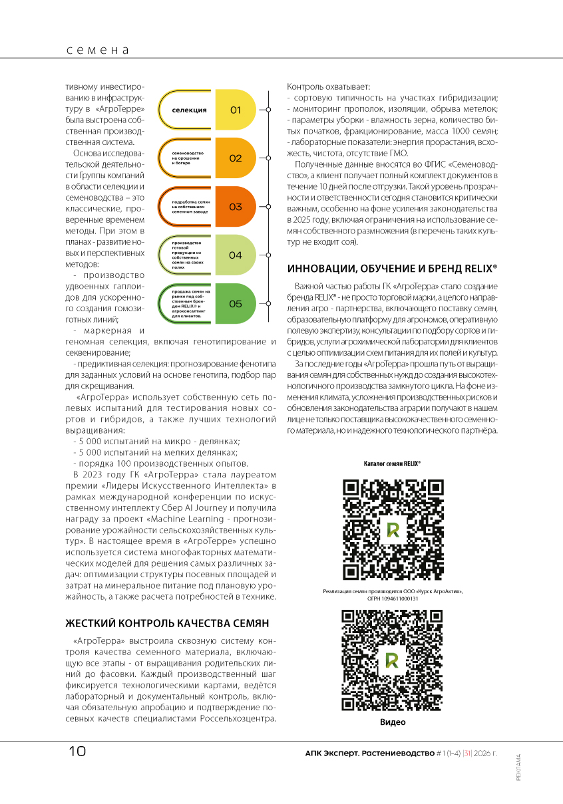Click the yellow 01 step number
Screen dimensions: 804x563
click(x=235, y=110)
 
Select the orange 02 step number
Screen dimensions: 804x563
click(x=235, y=158)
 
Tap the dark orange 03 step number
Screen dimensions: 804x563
click(x=235, y=207)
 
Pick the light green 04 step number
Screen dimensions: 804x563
click(x=235, y=255)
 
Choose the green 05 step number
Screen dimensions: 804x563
click(x=235, y=304)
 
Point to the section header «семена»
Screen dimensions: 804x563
click(x=96, y=50)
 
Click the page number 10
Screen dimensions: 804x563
click(x=78, y=751)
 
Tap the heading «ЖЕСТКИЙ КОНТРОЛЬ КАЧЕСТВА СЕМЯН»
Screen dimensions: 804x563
click(x=166, y=623)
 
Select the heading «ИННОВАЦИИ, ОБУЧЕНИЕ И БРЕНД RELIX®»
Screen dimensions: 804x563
click(x=392, y=269)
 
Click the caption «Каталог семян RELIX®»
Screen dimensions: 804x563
click(x=392, y=464)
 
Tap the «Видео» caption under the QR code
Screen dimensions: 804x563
click(x=393, y=722)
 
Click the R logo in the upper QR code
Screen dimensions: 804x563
click(x=392, y=529)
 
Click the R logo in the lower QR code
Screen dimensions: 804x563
click(x=392, y=659)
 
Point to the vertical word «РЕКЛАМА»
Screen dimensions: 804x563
click(x=518, y=767)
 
